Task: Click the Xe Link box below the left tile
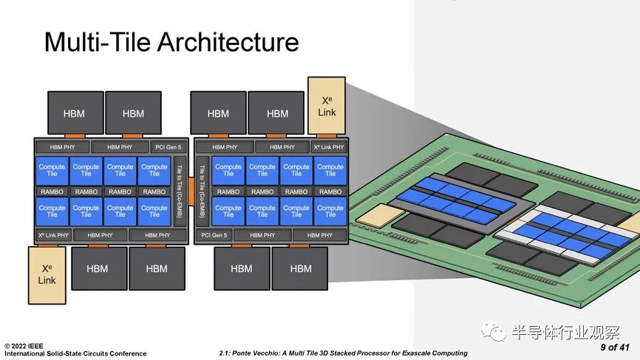(47, 274)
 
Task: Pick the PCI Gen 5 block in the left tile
(168, 147)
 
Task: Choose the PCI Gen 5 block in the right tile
(214, 235)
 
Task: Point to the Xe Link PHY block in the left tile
(52, 235)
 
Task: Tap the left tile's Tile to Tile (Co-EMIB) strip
(180, 191)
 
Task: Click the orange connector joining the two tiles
(190, 177)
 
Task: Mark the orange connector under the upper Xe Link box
(327, 137)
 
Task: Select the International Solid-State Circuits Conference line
(75, 353)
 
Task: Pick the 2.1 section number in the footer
(225, 353)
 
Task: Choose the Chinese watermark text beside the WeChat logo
(565, 333)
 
